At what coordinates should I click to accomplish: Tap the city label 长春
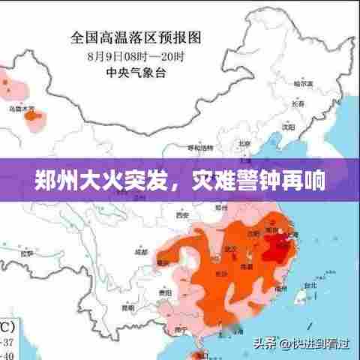click(x=299, y=103)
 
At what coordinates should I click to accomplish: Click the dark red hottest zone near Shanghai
click(x=278, y=242)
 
